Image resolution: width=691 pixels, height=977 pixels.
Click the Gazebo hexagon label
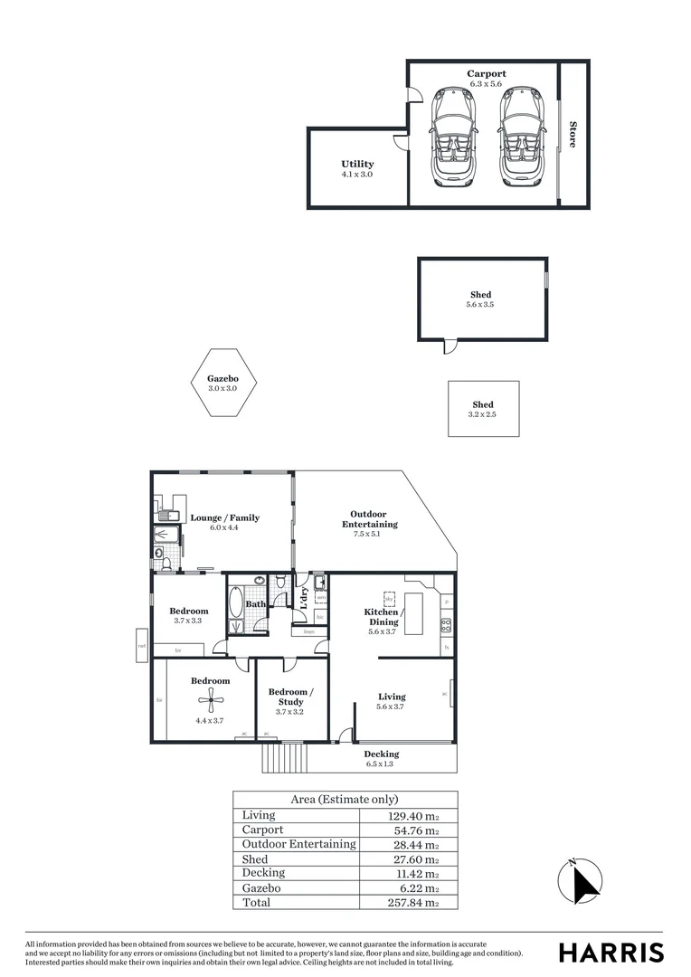[x=222, y=379]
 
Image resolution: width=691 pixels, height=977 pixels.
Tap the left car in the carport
[x=450, y=136]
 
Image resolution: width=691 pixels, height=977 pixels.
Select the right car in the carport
[x=520, y=136]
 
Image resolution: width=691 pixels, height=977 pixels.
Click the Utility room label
[x=357, y=165]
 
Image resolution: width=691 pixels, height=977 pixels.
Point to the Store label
[x=573, y=135]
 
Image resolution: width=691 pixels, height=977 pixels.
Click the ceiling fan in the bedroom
[x=210, y=697]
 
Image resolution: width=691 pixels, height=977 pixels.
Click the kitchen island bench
[x=413, y=612]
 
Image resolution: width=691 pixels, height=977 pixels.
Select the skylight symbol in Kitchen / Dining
[x=389, y=598]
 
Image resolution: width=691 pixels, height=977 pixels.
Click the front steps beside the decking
[x=284, y=757]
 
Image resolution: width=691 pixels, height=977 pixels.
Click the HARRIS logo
[x=611, y=952]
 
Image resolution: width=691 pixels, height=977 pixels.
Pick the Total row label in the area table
[x=256, y=902]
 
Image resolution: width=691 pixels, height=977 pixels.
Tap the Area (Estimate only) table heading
[x=345, y=800]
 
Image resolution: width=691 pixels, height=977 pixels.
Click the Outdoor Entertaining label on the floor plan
[x=369, y=519]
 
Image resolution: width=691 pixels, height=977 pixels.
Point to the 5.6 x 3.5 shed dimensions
[x=480, y=306]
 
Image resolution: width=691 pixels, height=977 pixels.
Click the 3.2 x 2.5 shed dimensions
[x=482, y=414]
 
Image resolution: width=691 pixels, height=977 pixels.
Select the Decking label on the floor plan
[x=381, y=754]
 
